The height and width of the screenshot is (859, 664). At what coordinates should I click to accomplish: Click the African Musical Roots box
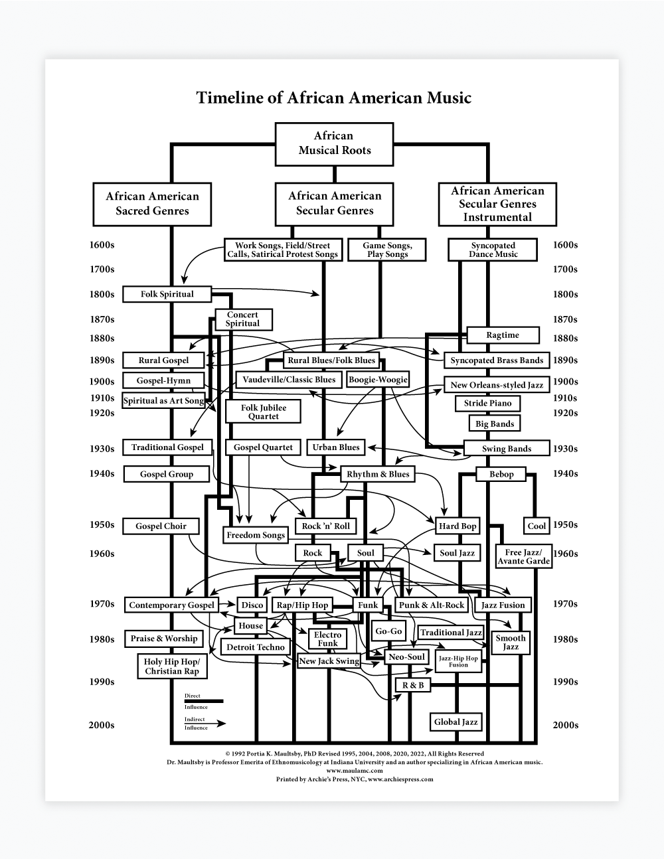tap(334, 143)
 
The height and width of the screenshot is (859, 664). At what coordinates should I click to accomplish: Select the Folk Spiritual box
tap(167, 294)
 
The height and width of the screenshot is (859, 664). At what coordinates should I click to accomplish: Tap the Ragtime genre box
tap(503, 335)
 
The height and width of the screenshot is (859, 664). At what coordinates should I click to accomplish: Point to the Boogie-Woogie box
tap(378, 380)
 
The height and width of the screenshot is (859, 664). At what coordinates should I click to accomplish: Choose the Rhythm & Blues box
tap(378, 474)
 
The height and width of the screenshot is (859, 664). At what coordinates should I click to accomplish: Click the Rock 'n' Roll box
tap(325, 526)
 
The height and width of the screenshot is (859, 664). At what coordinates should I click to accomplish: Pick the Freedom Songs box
tap(256, 535)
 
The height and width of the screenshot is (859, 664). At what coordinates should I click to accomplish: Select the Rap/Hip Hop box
tap(302, 605)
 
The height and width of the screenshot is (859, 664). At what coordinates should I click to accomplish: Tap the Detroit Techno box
tap(256, 647)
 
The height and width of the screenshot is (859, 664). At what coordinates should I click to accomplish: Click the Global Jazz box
tap(456, 722)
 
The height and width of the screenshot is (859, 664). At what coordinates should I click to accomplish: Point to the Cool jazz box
tap(537, 526)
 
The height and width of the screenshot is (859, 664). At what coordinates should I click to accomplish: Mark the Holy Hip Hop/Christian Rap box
tap(171, 666)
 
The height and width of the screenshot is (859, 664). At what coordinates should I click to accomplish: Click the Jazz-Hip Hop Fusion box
tap(458, 661)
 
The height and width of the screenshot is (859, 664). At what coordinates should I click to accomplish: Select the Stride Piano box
tap(487, 403)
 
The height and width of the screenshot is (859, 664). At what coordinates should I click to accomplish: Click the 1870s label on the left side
tap(102, 319)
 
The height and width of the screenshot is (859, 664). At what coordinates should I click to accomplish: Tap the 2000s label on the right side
tap(565, 725)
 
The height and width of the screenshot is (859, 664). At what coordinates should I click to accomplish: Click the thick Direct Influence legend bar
tap(203, 701)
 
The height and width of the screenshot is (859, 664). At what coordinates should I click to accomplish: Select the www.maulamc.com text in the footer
tap(355, 771)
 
